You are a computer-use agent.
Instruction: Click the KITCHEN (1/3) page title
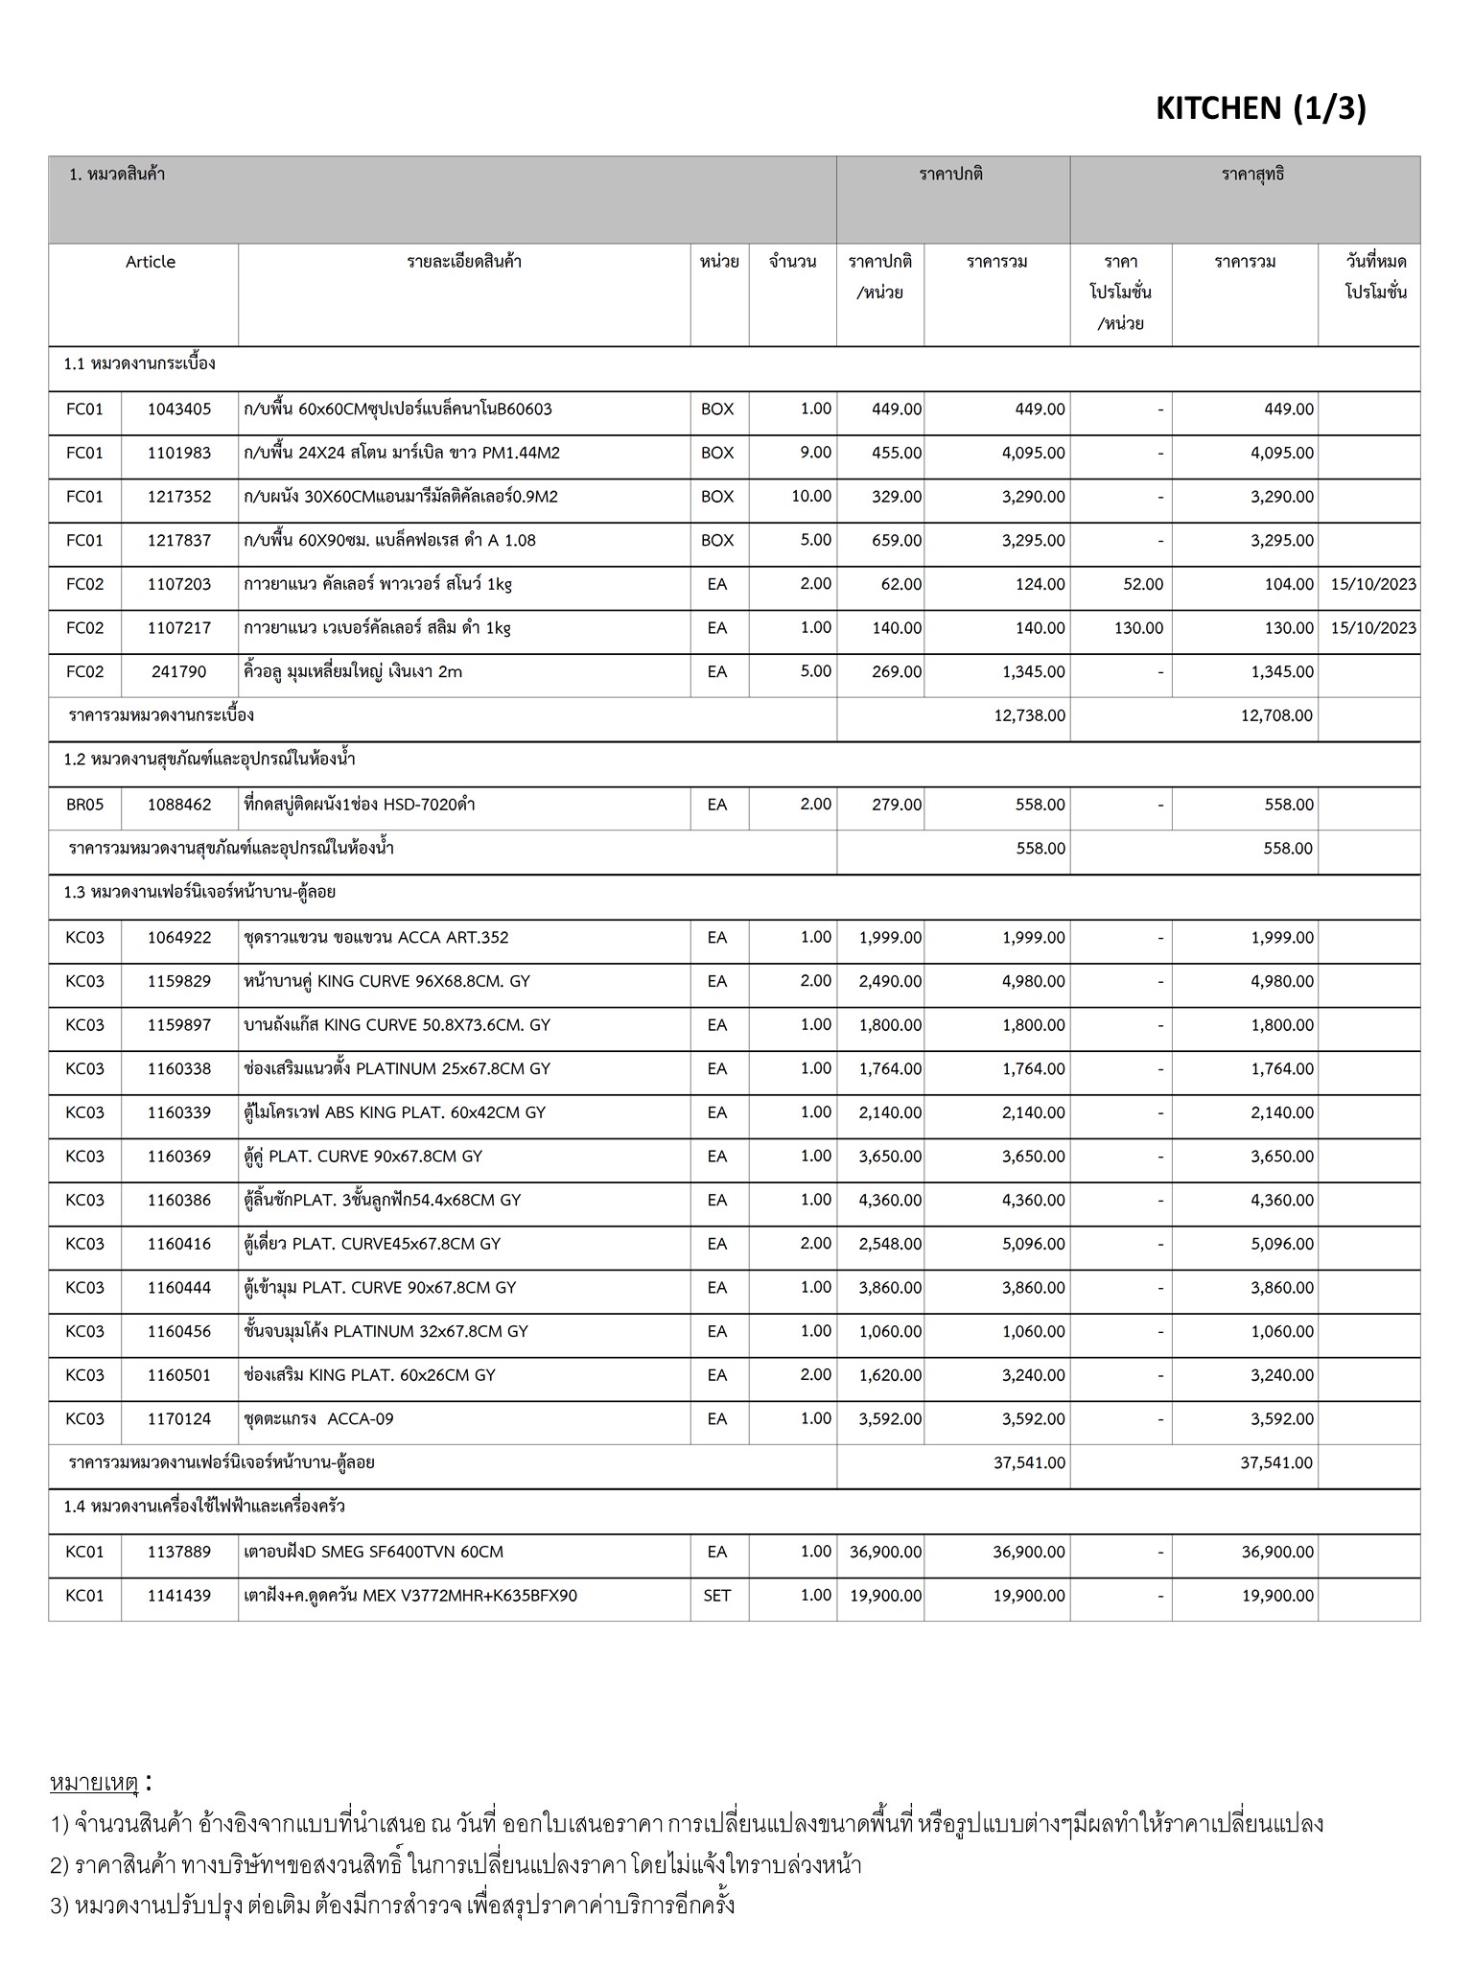(x=1260, y=109)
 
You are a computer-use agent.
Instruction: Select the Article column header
(x=151, y=262)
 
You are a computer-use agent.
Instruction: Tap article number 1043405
(x=179, y=409)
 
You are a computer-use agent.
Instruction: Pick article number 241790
(x=179, y=672)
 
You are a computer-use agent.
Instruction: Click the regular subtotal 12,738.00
(x=1029, y=715)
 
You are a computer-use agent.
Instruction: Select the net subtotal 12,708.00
(x=1276, y=715)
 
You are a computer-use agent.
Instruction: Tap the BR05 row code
(x=84, y=805)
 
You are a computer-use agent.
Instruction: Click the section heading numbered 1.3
(x=199, y=892)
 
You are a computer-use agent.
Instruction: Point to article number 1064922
(x=179, y=938)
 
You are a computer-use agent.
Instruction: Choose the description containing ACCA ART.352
(x=376, y=938)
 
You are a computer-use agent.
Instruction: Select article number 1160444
(x=179, y=1288)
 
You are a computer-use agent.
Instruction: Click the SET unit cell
(x=717, y=1596)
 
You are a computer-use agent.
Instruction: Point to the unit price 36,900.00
(x=885, y=1552)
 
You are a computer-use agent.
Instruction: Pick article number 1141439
(x=179, y=1596)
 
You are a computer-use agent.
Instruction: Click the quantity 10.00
(x=811, y=497)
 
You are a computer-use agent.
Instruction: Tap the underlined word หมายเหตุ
(x=94, y=1784)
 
